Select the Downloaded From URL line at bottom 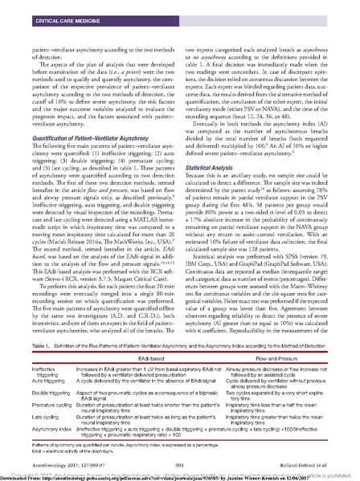tap(161, 476)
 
